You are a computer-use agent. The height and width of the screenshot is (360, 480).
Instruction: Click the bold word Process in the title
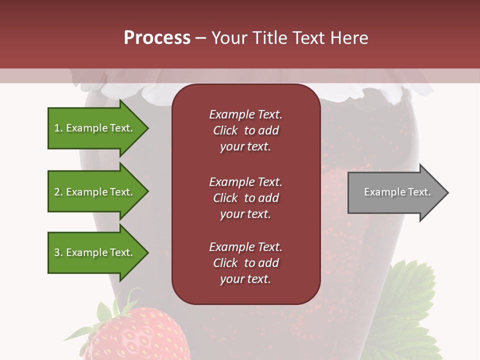point(157,38)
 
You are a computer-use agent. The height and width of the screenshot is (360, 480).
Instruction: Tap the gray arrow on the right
point(395,192)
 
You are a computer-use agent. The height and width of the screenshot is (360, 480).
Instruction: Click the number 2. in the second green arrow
point(58,192)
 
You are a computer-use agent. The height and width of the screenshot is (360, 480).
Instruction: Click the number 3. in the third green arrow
point(58,252)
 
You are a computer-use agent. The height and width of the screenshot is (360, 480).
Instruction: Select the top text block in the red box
point(245,130)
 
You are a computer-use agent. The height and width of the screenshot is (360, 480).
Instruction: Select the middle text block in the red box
point(245,197)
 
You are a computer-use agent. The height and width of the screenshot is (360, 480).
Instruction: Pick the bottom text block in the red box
point(245,263)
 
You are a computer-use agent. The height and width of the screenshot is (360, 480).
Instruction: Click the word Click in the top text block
point(225,130)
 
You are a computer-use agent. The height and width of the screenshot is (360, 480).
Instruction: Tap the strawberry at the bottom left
point(142,335)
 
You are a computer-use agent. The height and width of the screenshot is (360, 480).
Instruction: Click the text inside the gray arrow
point(397,192)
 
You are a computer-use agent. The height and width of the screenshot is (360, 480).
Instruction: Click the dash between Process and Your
point(200,38)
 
